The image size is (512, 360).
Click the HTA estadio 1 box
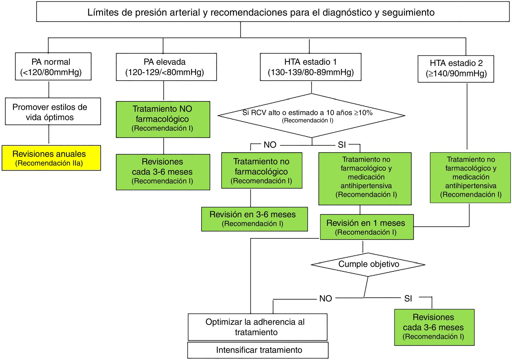[x=310, y=67]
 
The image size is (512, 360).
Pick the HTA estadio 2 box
[x=456, y=69]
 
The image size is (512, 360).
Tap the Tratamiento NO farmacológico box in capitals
[x=163, y=119]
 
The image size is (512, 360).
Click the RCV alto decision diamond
[x=311, y=116]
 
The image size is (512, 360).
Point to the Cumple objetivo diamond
[x=368, y=264]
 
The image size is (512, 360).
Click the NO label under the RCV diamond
[x=270, y=145]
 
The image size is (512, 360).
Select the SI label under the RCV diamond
[x=342, y=145]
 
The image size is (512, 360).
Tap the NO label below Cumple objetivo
[x=325, y=298]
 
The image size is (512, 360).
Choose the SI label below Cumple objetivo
[x=408, y=298]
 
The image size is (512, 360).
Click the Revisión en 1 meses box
[x=366, y=227]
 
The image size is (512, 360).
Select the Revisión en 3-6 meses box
[x=254, y=219]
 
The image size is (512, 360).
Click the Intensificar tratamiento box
[x=258, y=350]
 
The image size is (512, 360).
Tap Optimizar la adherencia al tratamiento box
[x=257, y=327]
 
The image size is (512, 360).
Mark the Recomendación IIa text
[x=49, y=163]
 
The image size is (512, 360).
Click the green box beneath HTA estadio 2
[x=470, y=177]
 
